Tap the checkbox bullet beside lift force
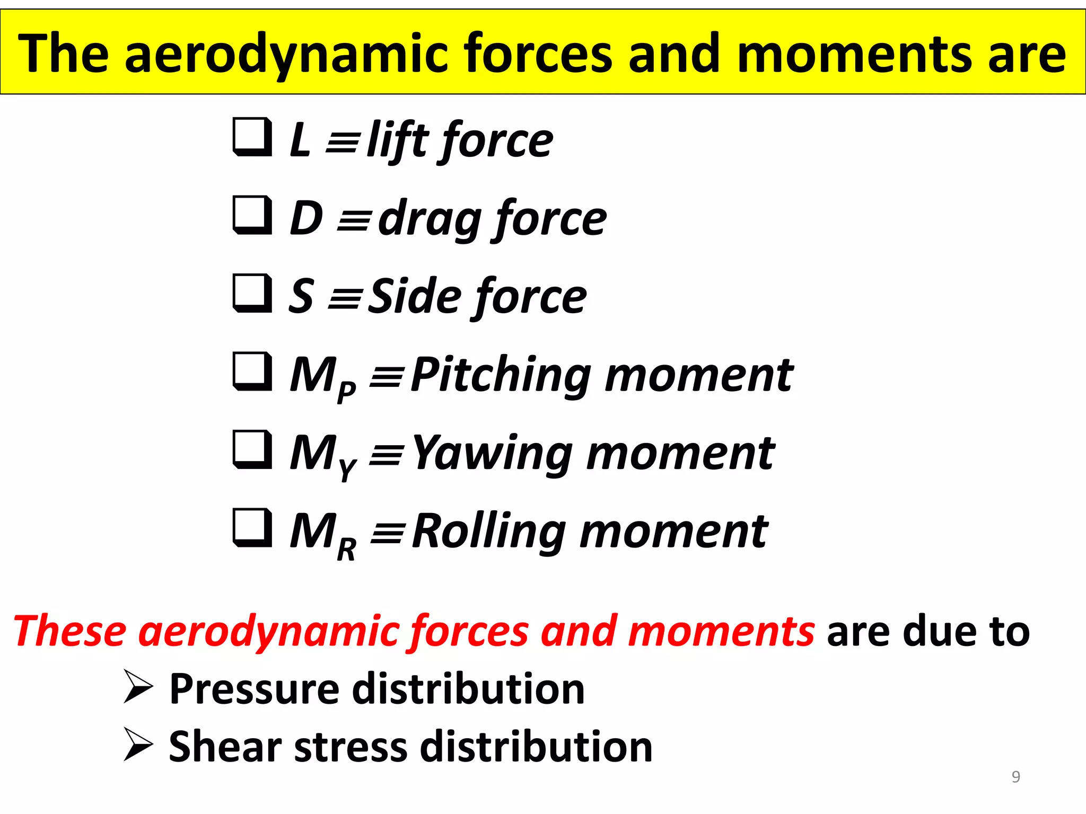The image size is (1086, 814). pyautogui.click(x=252, y=137)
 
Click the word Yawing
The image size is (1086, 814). pyautogui.click(x=492, y=453)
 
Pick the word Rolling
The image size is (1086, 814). pyautogui.click(x=489, y=532)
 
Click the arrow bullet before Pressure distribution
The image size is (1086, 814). pyautogui.click(x=138, y=686)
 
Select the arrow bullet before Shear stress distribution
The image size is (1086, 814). pyautogui.click(x=138, y=744)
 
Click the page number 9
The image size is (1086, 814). pyautogui.click(x=1015, y=776)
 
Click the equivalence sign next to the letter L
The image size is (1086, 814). pyautogui.click(x=343, y=142)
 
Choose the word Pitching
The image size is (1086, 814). pyautogui.click(x=501, y=375)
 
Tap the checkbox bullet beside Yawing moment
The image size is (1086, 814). pyautogui.click(x=252, y=449)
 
